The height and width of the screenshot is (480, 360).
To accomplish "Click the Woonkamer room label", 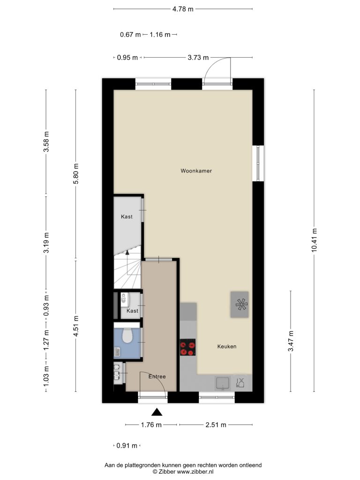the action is (196, 171).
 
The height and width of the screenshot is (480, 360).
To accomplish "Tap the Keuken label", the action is (227, 346).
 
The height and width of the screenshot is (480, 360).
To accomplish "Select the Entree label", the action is (157, 376).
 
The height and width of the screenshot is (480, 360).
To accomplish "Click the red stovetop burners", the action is (187, 347).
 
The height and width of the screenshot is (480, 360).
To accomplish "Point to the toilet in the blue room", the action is (127, 336).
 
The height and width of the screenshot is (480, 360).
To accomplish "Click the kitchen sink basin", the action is (223, 383).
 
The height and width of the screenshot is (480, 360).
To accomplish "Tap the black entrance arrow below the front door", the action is (157, 412).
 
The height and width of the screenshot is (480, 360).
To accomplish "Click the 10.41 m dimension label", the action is (314, 240).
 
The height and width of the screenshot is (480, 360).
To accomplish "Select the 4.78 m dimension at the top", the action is (183, 9).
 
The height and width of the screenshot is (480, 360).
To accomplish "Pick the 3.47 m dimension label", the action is (291, 341).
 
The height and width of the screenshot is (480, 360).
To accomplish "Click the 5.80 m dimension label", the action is (76, 173).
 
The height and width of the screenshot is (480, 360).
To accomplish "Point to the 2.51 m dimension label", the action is (216, 425).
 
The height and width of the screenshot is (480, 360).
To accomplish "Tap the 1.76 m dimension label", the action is (151, 425).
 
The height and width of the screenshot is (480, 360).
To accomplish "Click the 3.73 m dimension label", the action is (198, 58).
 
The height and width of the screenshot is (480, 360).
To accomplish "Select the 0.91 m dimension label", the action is (127, 446).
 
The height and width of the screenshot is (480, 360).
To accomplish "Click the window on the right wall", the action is (258, 164).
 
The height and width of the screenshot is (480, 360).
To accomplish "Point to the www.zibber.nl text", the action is (195, 472).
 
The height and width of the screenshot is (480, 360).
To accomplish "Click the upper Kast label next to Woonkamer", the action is (127, 217).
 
